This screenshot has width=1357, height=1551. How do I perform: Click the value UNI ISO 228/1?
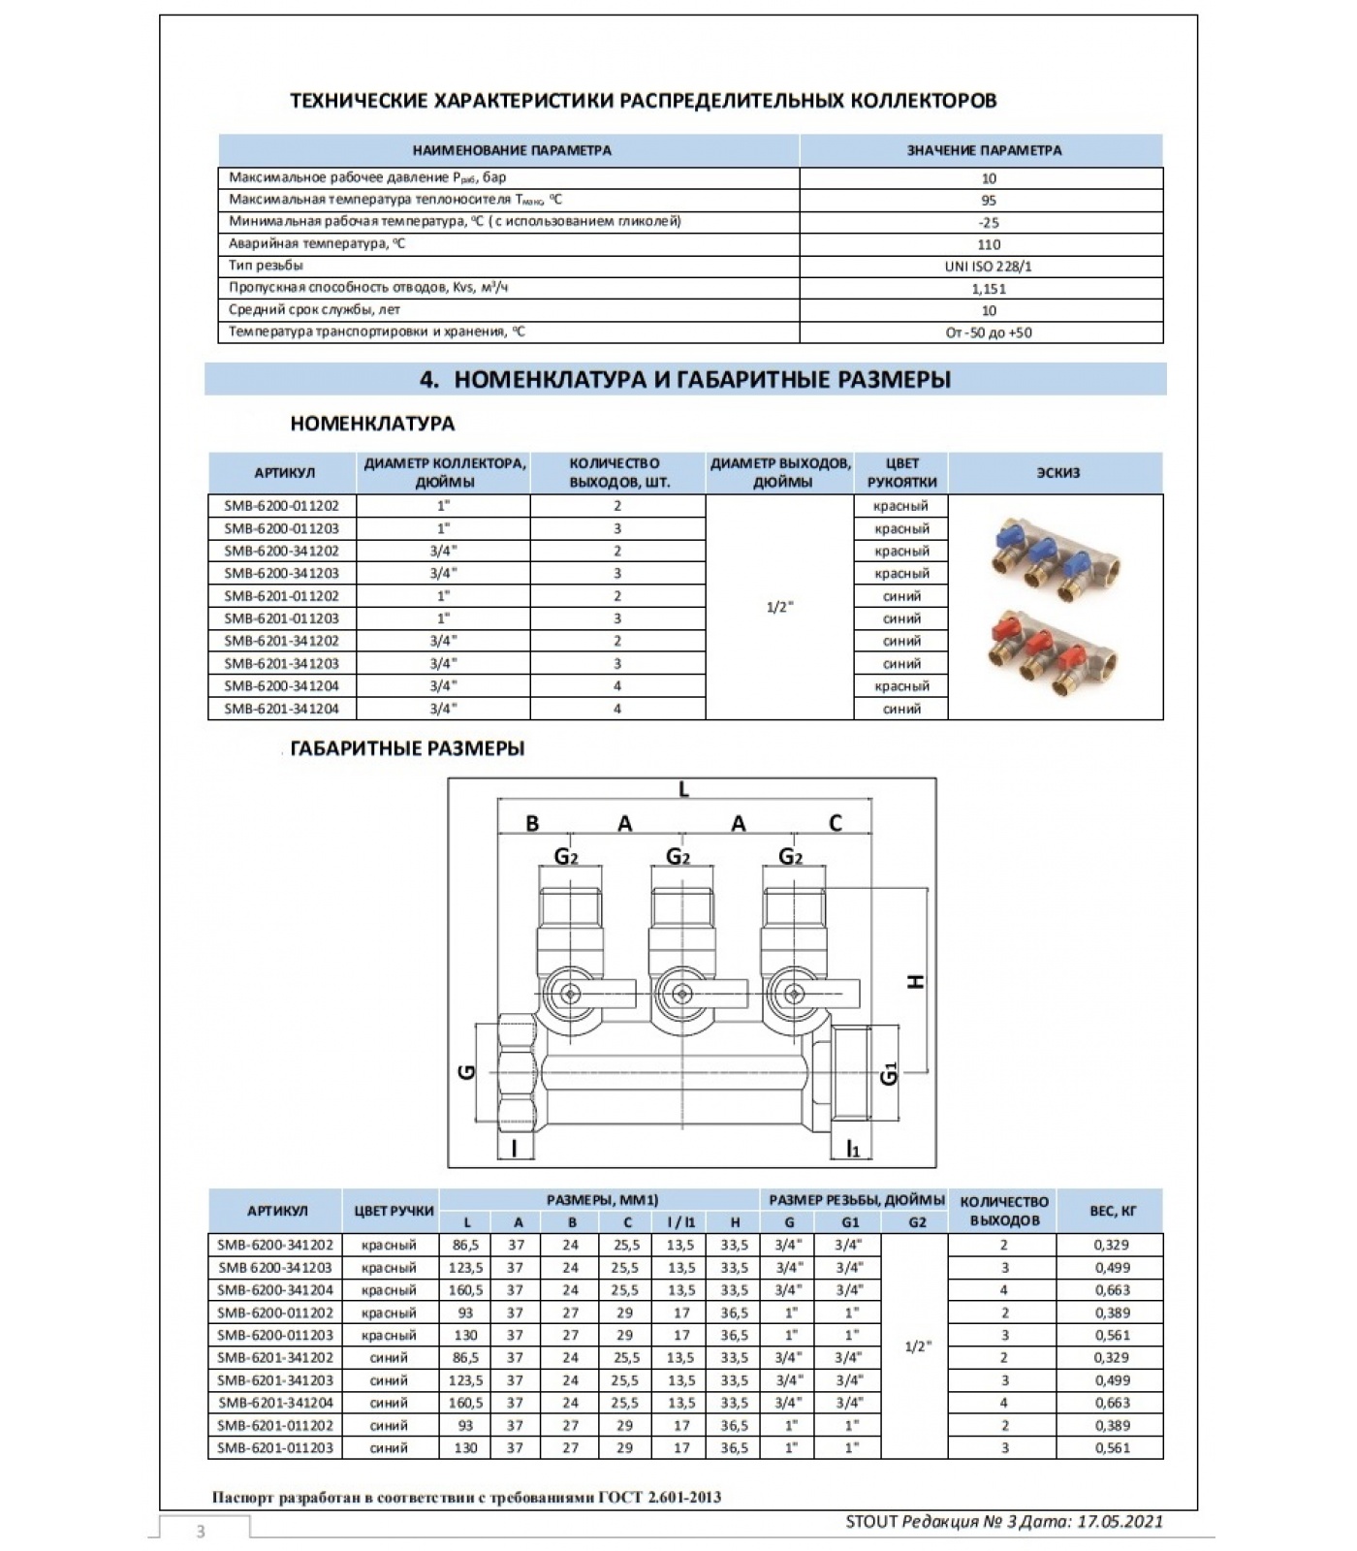pos(988,267)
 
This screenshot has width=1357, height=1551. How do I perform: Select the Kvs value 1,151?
pos(988,289)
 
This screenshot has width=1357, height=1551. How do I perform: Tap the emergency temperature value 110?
pos(988,244)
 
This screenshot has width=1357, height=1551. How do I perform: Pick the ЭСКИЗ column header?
pos(1056,473)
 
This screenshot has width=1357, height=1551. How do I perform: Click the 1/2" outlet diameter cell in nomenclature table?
pos(779,608)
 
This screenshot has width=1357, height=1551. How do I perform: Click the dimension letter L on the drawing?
pos(683,790)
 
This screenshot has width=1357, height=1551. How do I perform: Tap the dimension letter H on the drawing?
pos(915,981)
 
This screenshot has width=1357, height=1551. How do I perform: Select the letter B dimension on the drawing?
pos(532,824)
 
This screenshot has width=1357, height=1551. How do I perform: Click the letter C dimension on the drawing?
pos(836,824)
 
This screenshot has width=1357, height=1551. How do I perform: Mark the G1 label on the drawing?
pos(890,1074)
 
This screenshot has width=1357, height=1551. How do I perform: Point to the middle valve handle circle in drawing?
pos(681,993)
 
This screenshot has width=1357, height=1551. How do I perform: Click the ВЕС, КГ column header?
pos(1111,1211)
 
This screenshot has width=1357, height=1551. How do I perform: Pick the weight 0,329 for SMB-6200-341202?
pos(1111,1246)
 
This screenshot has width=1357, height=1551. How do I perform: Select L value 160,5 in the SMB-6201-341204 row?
pos(466,1403)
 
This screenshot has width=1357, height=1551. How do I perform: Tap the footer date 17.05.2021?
pos(1120,1521)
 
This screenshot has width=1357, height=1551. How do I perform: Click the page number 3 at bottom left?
pos(201,1532)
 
